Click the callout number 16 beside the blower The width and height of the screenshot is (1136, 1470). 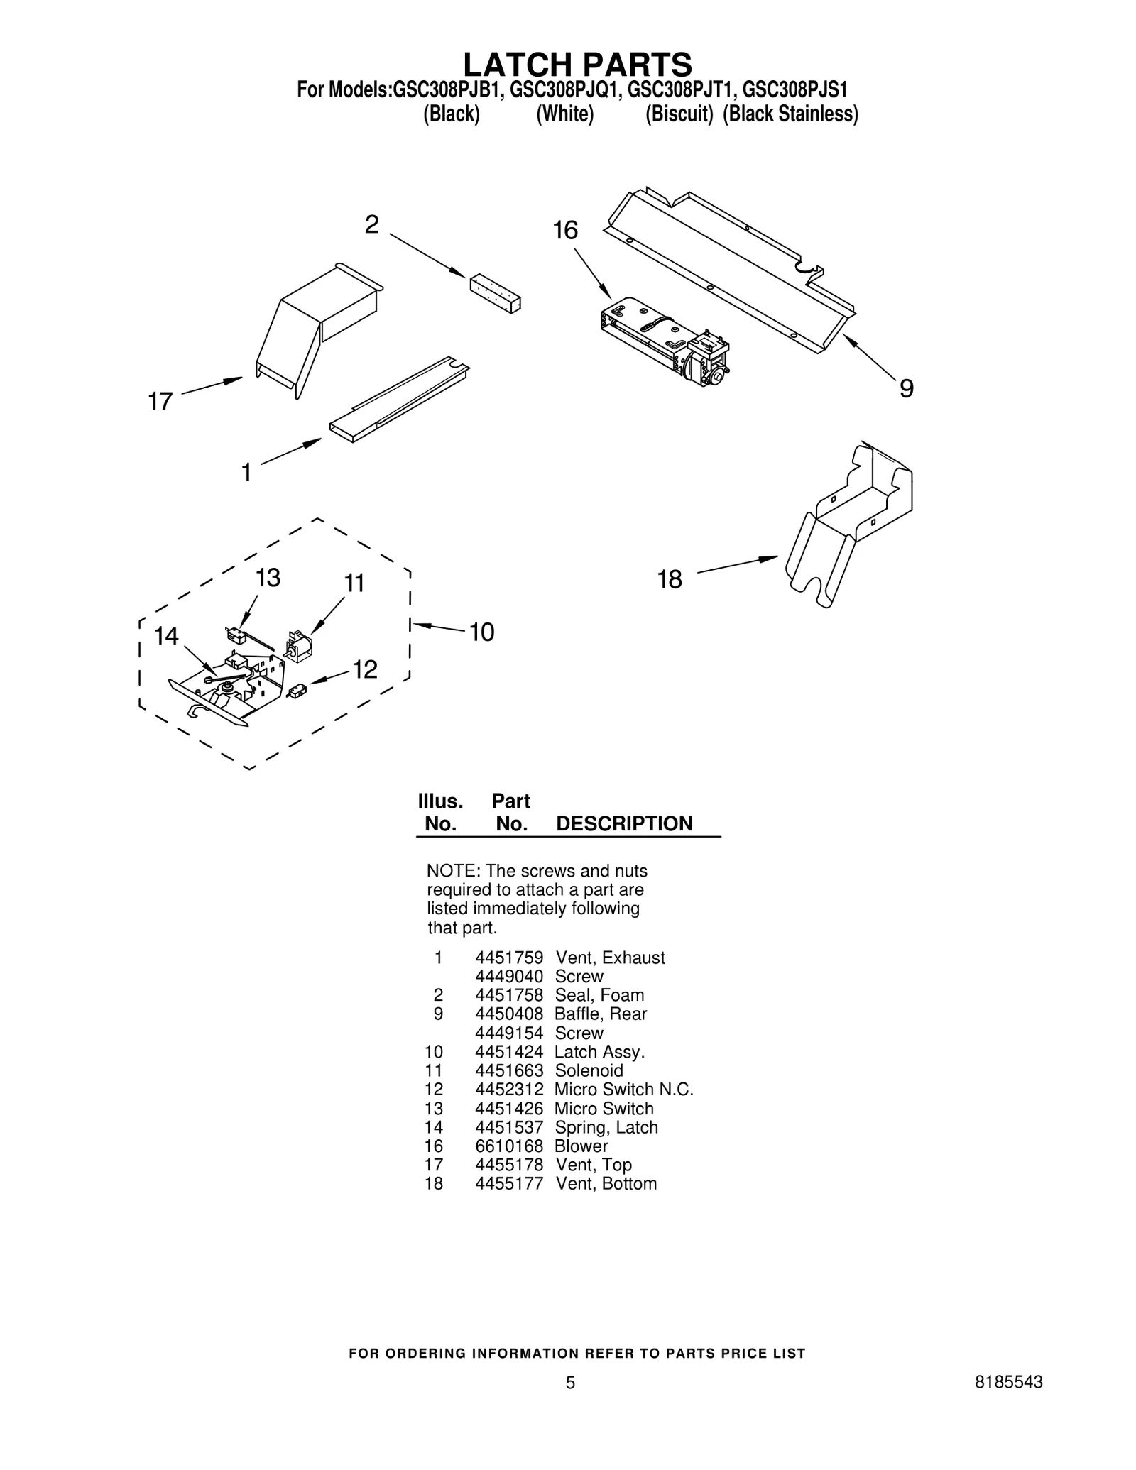(565, 231)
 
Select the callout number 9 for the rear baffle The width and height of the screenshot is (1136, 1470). (906, 388)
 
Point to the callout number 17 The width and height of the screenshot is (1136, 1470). (160, 402)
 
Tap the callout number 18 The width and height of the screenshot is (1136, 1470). (669, 580)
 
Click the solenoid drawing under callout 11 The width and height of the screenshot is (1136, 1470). (298, 647)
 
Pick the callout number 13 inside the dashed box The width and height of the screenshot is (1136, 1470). (268, 578)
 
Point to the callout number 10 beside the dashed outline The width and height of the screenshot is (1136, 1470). (481, 632)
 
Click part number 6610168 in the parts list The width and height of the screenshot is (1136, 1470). (508, 1146)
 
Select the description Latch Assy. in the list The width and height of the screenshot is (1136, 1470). (599, 1052)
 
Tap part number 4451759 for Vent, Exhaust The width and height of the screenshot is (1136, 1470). (508, 958)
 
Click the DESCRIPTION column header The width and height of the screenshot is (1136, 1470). (624, 823)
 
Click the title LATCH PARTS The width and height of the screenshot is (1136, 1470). (577, 65)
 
